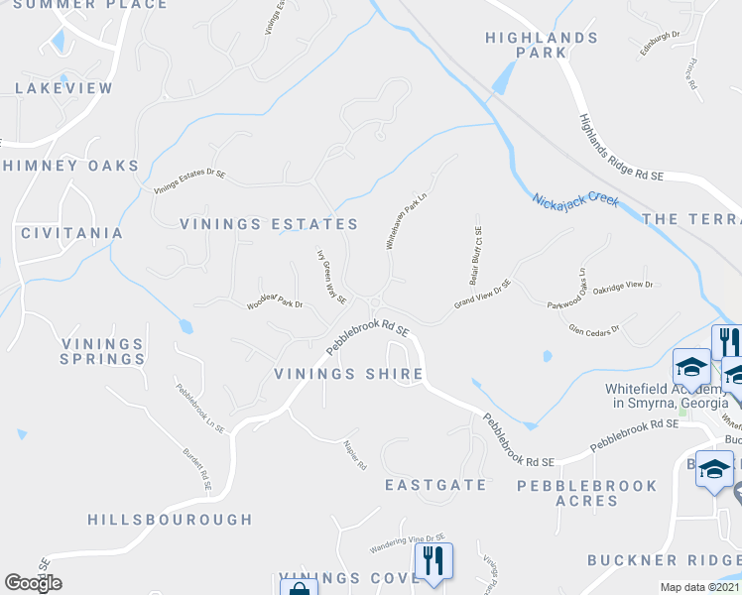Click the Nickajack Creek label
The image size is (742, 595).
coord(575,200)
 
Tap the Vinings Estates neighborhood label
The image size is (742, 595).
coord(269,225)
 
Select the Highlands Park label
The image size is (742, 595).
coord(542,47)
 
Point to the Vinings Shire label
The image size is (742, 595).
coord(348,374)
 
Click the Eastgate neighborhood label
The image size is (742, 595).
coord(435,485)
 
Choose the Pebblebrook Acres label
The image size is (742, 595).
coord(587,493)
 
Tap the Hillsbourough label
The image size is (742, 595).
coord(170,519)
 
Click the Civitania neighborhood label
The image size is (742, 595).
coord(71,233)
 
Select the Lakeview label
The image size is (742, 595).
coord(63,88)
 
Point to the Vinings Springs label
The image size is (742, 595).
coord(102,351)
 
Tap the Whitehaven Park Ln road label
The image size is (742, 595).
coord(405,220)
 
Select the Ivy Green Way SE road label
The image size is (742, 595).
coord(330,276)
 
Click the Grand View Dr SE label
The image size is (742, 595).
coord(482,294)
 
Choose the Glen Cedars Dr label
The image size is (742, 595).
coord(593,329)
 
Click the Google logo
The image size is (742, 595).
coord(33,583)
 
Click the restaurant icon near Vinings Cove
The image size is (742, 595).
coord(433,560)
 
